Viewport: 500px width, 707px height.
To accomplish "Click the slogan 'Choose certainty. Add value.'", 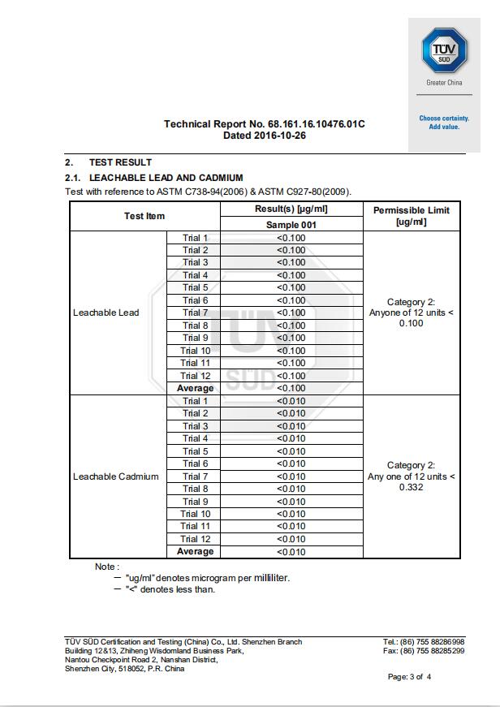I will (444, 122).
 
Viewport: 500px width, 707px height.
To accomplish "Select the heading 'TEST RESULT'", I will (120, 162).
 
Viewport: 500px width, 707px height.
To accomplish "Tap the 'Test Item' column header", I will (144, 216).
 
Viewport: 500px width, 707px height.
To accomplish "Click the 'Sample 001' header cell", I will (291, 225).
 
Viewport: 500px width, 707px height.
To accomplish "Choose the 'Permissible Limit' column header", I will (411, 216).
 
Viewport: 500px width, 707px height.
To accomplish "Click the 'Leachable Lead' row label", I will (106, 313).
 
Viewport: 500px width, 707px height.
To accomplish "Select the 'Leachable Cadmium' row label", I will (116, 476).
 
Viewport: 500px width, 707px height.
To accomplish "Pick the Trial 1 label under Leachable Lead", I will (195, 238).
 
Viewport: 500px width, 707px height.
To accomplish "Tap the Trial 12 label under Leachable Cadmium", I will (195, 539).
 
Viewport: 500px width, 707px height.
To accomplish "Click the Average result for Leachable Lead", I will (291, 388).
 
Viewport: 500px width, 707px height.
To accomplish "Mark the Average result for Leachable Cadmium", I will (291, 552).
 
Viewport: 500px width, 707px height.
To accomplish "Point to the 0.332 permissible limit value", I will (412, 488).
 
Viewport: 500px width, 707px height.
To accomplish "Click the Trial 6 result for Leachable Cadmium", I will (291, 463).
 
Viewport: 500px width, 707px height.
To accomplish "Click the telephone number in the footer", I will (437, 642).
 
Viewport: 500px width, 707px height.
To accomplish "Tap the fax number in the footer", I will (437, 651).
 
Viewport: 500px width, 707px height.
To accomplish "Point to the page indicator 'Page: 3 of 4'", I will (409, 677).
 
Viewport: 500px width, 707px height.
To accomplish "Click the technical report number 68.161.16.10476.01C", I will (316, 124).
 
